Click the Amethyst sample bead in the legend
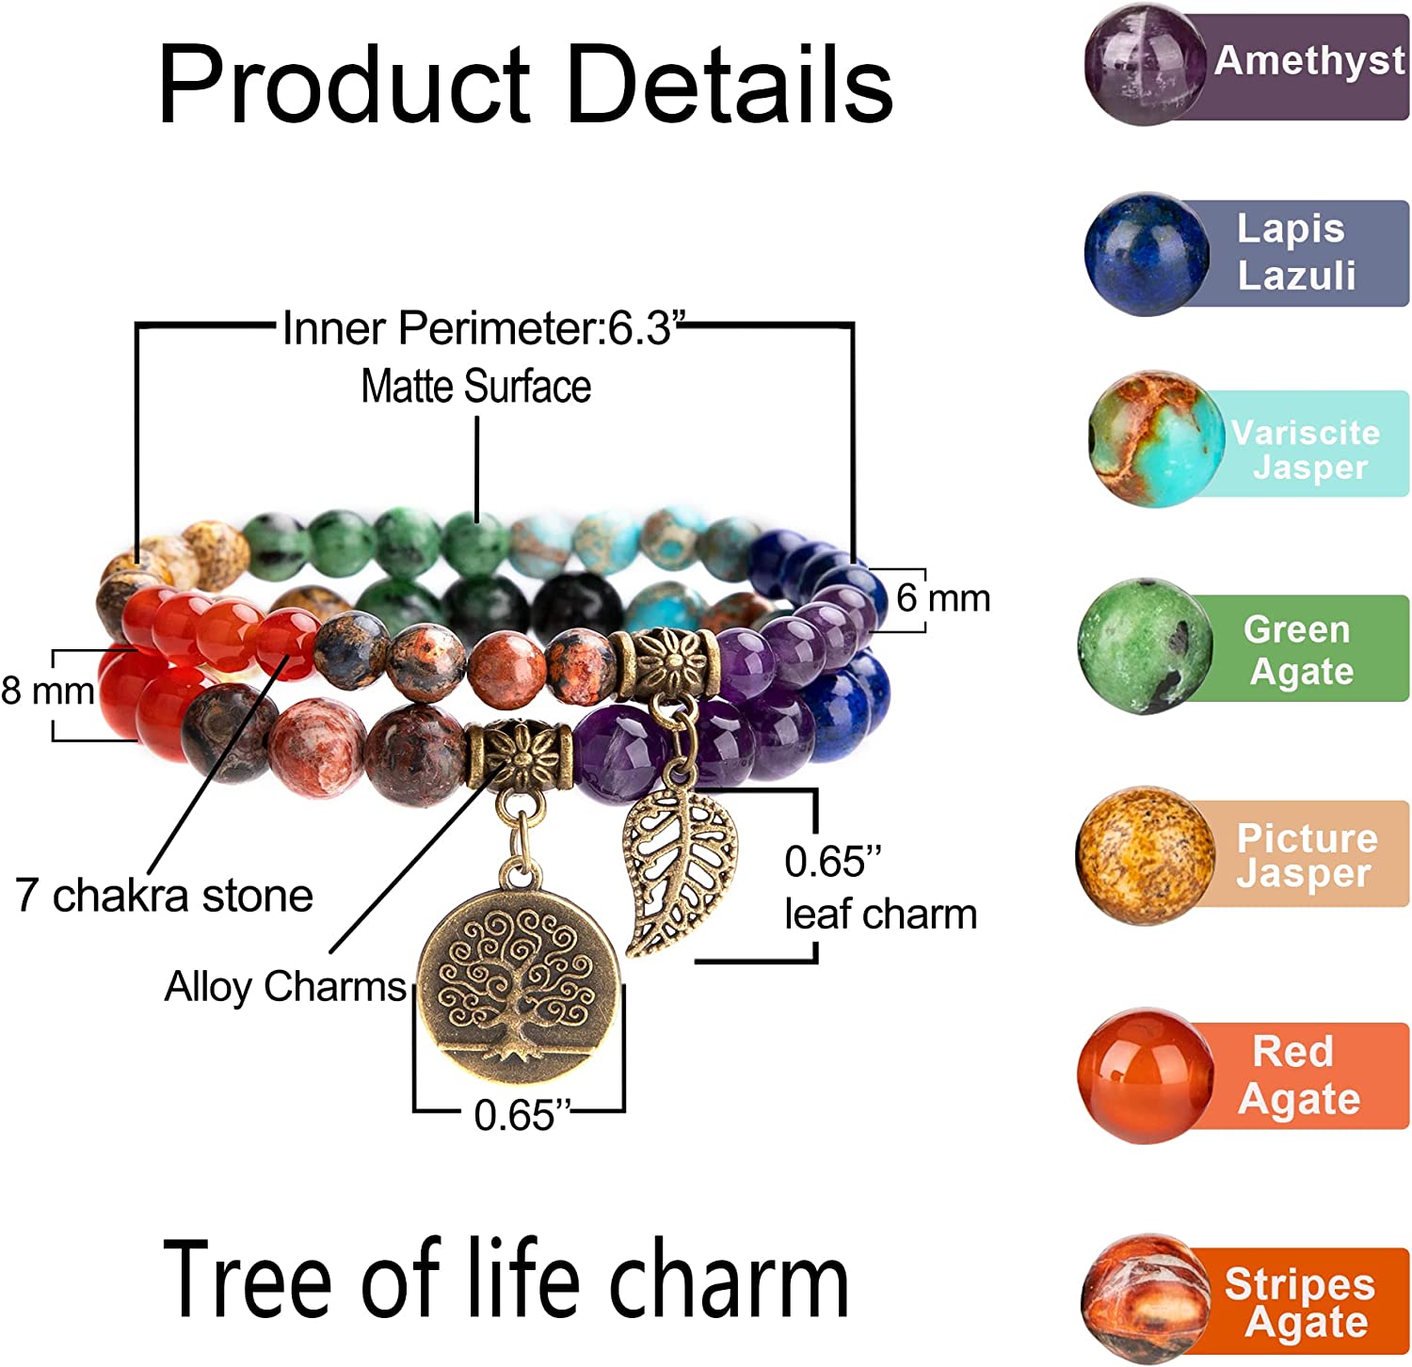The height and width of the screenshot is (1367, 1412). [x=1145, y=65]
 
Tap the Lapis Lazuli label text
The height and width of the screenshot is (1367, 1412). [x=1295, y=252]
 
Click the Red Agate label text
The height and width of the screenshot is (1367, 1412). [x=1298, y=1075]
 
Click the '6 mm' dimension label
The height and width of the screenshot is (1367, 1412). [x=942, y=598]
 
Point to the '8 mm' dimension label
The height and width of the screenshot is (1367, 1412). [x=47, y=691]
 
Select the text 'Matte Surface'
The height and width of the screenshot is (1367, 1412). [x=476, y=387]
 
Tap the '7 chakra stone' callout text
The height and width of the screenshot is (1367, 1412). [x=164, y=895]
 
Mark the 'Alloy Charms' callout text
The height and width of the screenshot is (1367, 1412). [x=285, y=987]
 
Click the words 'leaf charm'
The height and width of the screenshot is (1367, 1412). [x=880, y=914]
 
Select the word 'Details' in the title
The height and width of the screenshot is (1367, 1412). [x=730, y=85]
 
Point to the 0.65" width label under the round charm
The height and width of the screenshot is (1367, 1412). [x=521, y=1115]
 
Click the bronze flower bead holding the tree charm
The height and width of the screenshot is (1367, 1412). [x=519, y=755]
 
